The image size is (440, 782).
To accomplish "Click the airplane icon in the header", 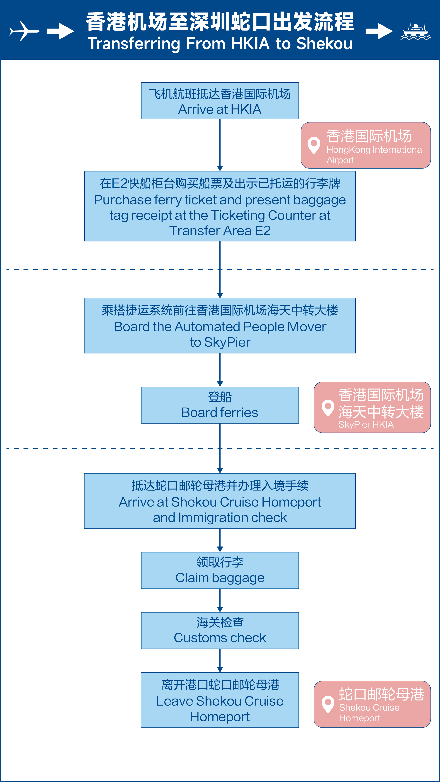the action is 24,31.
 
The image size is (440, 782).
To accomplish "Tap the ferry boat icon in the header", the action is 415,30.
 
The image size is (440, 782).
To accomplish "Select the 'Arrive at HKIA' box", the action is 220,101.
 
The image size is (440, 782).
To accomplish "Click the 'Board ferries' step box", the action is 220,405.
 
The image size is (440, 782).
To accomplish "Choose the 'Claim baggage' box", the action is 220,570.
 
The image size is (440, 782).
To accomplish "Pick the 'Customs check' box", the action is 220,630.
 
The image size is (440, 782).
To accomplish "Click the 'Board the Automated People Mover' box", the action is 220,326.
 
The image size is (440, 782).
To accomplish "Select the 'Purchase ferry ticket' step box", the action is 220,206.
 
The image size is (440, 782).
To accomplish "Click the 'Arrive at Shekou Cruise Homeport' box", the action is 220,501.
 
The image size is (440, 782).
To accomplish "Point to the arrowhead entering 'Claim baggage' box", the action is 220,549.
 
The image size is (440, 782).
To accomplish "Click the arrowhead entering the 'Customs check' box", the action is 220,609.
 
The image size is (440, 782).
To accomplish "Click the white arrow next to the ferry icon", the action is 379,31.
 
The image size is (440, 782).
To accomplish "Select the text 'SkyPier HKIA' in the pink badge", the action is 366,424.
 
